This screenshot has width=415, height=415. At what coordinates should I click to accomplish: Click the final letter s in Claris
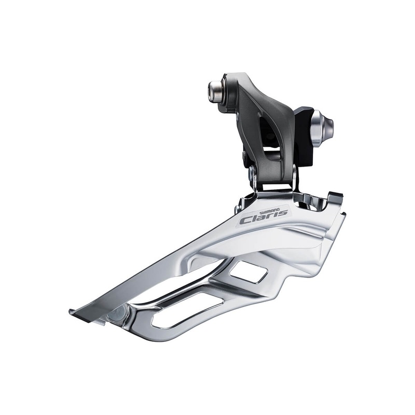283,213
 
